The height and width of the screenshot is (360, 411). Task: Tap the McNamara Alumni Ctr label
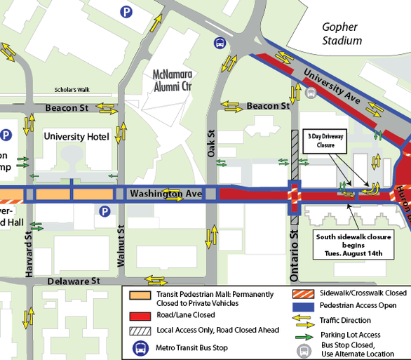coord(176,79)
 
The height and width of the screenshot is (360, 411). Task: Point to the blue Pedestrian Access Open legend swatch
coord(304,306)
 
